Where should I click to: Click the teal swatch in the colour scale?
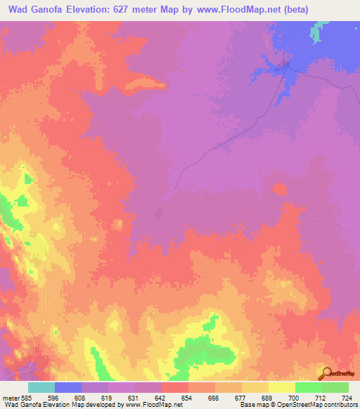41,387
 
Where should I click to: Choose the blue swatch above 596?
68,387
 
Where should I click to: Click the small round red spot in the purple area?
280,189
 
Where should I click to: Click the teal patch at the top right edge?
321,30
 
